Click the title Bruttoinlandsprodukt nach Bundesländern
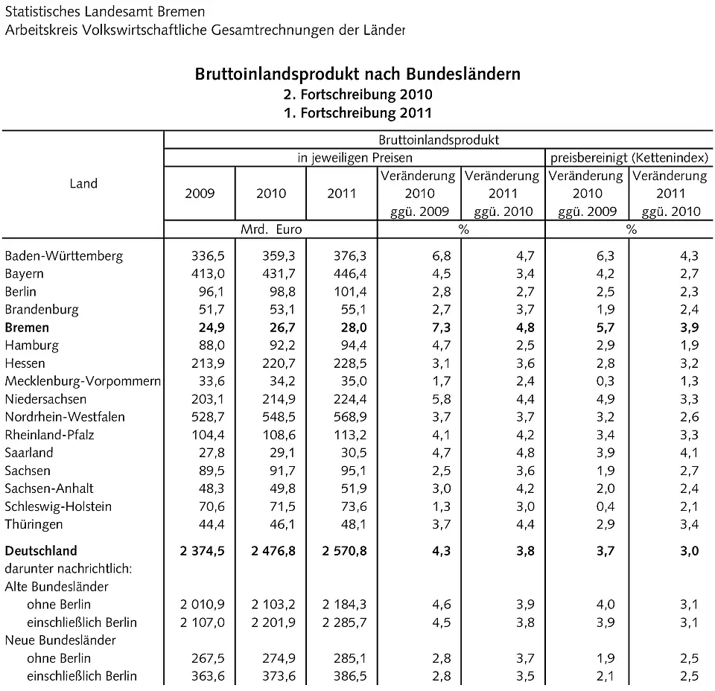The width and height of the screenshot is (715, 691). pos(357,74)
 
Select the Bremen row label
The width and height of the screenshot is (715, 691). pos(27,328)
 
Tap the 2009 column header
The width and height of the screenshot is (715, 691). pos(200,194)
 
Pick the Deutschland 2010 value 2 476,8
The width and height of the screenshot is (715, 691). pos(266,552)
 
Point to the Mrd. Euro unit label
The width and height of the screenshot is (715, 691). pos(271,230)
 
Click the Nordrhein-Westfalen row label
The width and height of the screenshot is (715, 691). pos(65,417)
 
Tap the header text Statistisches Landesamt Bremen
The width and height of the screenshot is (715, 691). pos(104,12)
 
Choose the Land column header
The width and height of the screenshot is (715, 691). pos(83,184)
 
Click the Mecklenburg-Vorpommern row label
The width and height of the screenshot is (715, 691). pos(83,381)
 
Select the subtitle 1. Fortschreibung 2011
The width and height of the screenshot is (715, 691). pos(357,113)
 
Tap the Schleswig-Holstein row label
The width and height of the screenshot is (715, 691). pos(58,506)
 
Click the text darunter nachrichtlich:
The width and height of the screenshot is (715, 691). pos(69,569)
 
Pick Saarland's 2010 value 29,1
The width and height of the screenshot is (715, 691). pos(273,453)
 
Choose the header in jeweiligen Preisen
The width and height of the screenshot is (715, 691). pos(355,158)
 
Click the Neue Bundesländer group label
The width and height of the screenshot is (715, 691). pos(60,640)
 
